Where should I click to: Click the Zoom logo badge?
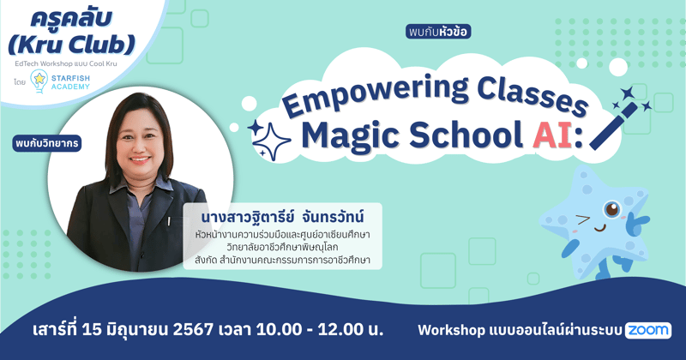pyautogui.click(x=648, y=330)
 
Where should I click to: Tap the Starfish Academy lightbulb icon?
pyautogui.click(x=39, y=80)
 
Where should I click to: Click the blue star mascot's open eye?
pyautogui.click(x=611, y=209)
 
